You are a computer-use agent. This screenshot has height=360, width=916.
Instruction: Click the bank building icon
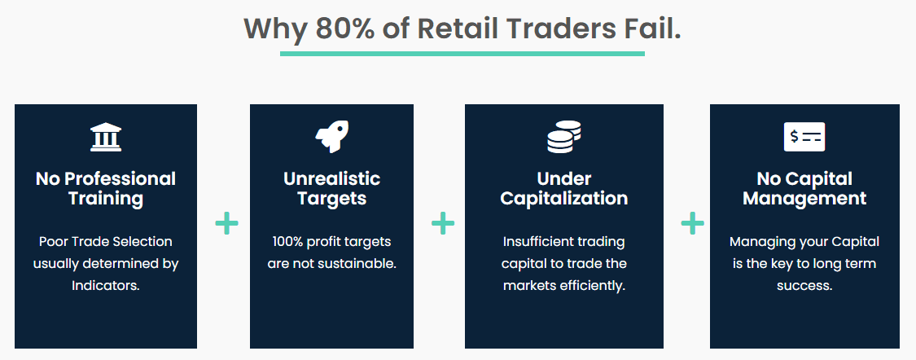[x=106, y=137]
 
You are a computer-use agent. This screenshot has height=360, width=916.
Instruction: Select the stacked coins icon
[x=563, y=137]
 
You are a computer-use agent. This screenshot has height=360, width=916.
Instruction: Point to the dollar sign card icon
[x=804, y=137]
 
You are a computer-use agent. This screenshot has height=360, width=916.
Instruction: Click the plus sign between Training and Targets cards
[x=227, y=223]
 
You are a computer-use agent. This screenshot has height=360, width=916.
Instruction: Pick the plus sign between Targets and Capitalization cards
[x=443, y=223]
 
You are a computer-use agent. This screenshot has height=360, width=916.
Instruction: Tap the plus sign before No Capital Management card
[x=692, y=223]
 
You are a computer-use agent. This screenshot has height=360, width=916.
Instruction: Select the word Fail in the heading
[x=651, y=29]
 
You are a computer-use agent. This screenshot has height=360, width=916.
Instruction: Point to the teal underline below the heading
[x=462, y=54]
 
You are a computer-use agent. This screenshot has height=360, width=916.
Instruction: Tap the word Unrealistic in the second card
[x=331, y=178]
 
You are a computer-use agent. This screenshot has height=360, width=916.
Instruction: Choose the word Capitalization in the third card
[x=563, y=198]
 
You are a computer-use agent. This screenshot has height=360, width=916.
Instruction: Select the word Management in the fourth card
[x=804, y=198]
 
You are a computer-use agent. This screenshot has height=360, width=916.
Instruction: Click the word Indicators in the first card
[x=106, y=286]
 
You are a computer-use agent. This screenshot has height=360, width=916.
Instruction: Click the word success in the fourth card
[x=804, y=286]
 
